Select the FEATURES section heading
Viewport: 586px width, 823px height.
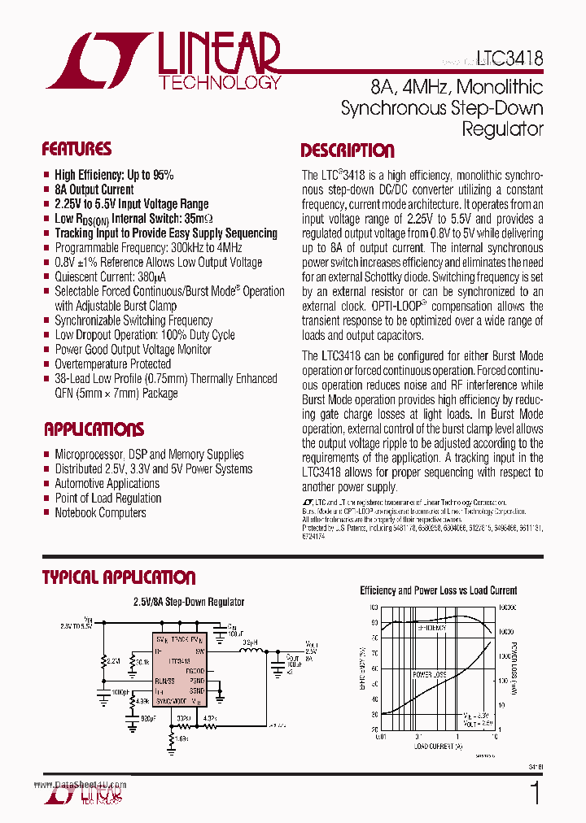pyautogui.click(x=77, y=150)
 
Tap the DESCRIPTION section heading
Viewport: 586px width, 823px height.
pyautogui.click(x=348, y=150)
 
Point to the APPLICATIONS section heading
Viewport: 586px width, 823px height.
pyautogui.click(x=94, y=429)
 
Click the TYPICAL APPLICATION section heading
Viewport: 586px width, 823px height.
pyautogui.click(x=119, y=577)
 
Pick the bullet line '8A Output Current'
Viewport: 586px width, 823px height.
pyautogui.click(x=94, y=189)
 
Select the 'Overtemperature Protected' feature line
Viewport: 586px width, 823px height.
pyautogui.click(x=112, y=364)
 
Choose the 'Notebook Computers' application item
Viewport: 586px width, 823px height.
pyautogui.click(x=100, y=513)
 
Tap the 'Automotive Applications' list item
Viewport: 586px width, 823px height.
pyautogui.click(x=107, y=484)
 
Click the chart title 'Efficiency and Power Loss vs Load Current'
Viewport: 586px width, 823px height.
pyautogui.click(x=439, y=591)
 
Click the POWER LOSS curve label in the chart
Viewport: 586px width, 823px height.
pyautogui.click(x=429, y=675)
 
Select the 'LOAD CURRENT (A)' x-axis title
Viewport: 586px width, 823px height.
pyautogui.click(x=437, y=746)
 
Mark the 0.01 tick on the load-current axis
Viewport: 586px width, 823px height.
pyautogui.click(x=380, y=737)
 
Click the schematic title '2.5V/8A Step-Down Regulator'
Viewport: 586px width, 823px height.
pyautogui.click(x=188, y=603)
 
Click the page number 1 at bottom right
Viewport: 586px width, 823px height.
pyautogui.click(x=534, y=794)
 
